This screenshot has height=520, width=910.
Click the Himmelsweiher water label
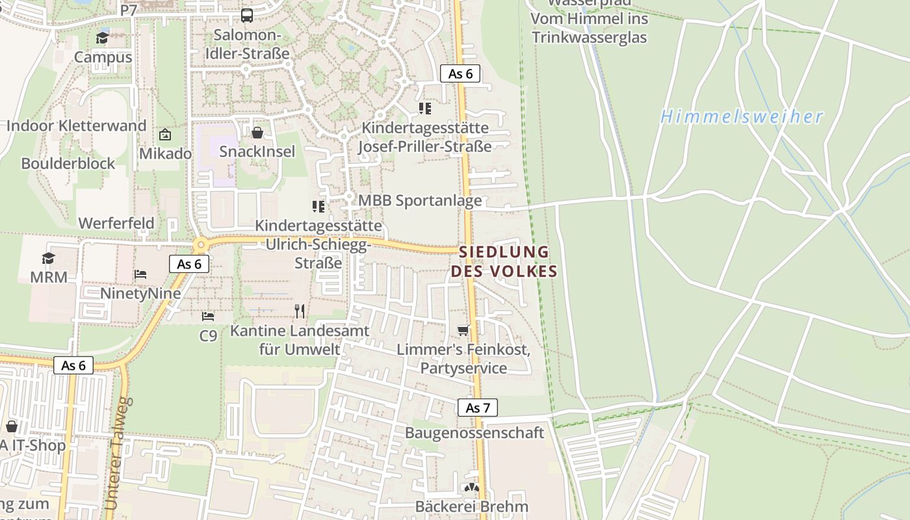point(742,117)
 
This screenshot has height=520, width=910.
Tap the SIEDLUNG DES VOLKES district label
point(504,261)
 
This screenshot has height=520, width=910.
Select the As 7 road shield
point(478,408)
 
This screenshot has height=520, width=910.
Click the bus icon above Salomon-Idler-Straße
point(247,15)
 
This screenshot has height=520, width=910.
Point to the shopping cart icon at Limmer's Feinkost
point(463,330)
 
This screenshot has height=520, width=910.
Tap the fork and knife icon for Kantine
point(300,311)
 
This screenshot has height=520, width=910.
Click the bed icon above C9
point(208,317)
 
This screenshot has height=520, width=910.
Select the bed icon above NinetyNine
point(140,274)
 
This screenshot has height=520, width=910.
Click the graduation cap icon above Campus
point(103,38)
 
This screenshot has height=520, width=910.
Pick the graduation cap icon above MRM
point(49,258)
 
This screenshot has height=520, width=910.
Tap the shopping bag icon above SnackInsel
point(257,133)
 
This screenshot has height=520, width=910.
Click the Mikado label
point(166,153)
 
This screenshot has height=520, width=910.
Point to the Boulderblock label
point(68,163)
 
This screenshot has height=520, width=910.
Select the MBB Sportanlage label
point(420,200)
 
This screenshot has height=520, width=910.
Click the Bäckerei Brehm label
point(472,506)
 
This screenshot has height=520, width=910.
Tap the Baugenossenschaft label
point(474,432)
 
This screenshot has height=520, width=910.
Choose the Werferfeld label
point(116,223)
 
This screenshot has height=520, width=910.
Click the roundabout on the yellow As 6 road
point(200,245)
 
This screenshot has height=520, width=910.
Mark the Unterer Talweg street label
point(118,454)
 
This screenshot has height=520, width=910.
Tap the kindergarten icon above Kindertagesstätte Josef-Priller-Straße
point(425,108)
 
